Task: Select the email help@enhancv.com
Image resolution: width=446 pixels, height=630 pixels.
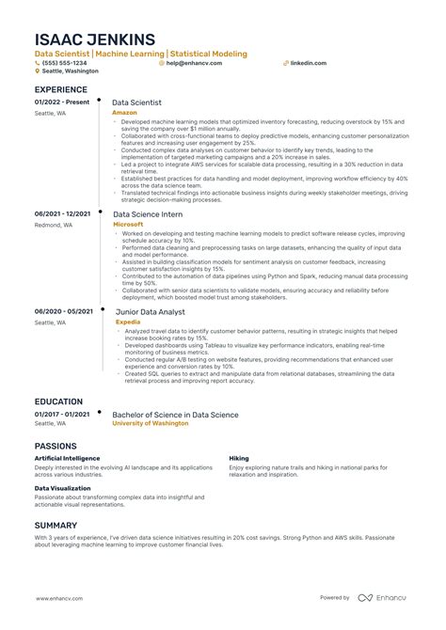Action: coord(189,63)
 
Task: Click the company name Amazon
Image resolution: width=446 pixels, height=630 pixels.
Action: coord(124,111)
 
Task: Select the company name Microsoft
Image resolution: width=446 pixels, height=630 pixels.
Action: coord(128,225)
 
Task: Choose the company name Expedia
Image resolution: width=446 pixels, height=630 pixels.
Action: coord(125,321)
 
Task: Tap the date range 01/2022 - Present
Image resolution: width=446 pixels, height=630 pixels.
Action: coord(62,102)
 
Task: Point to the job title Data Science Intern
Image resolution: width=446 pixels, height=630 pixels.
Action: coord(149,214)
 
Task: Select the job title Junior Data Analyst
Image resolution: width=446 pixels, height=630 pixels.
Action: coord(151,311)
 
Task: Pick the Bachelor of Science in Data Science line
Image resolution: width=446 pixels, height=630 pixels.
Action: coord(175,415)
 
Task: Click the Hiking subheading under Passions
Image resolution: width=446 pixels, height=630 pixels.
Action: coord(239,458)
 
